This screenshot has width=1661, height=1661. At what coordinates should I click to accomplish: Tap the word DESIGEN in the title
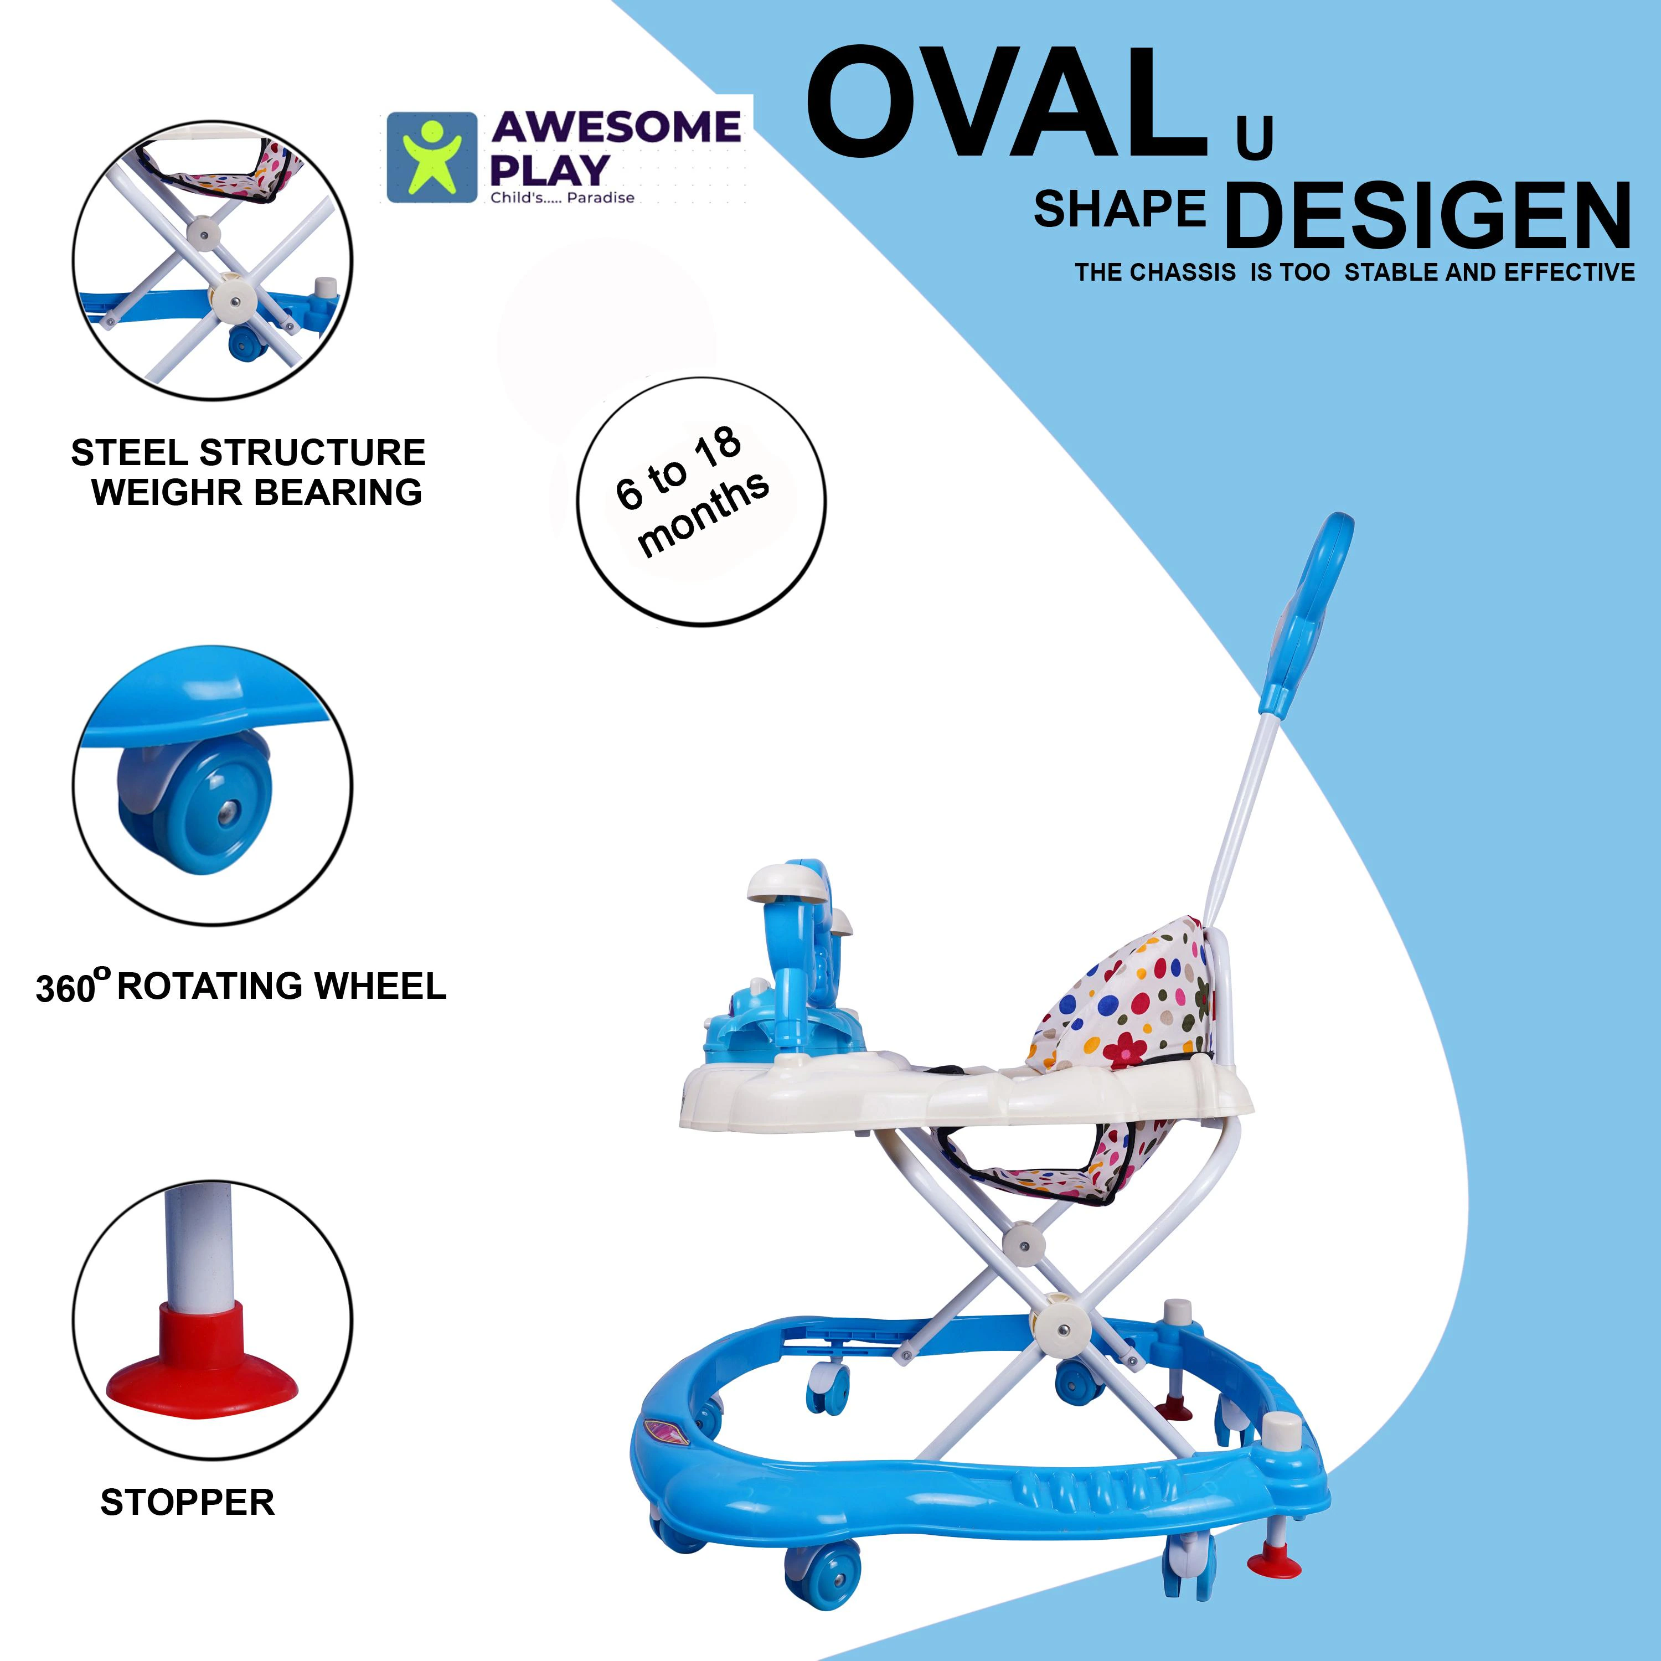[1428, 215]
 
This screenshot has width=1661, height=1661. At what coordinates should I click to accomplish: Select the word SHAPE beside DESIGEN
[1120, 209]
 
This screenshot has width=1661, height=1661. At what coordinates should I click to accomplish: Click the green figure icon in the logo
[431, 157]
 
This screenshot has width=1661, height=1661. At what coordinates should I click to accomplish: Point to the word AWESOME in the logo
[616, 127]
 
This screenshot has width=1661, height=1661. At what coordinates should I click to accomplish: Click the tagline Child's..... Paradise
[563, 198]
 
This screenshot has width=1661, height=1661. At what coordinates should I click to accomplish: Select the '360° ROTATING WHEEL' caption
[241, 986]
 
